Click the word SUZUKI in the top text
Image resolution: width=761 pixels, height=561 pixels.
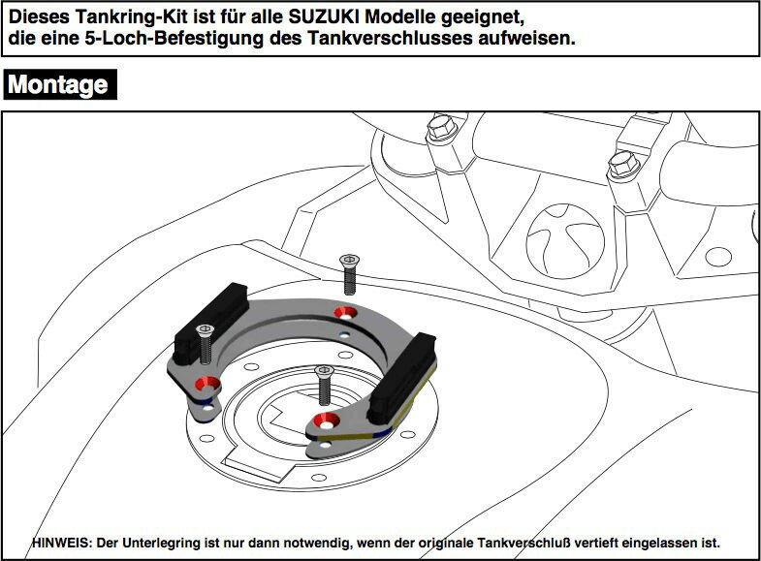[x=324, y=17]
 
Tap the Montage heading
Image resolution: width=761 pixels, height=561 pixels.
[x=58, y=85]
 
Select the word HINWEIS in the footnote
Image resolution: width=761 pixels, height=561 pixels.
[x=61, y=543]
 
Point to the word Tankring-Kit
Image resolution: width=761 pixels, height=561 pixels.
[x=132, y=17]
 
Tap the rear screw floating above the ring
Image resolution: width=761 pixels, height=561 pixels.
[x=349, y=274]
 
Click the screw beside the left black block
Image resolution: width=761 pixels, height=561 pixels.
[x=206, y=345]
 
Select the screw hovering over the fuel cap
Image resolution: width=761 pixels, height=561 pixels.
[x=324, y=385]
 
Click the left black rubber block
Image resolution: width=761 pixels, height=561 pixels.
[x=211, y=323]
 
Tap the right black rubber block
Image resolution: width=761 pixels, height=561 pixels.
[x=402, y=377]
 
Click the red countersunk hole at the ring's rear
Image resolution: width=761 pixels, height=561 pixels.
[x=345, y=313]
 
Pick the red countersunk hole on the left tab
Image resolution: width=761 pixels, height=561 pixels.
[x=207, y=385]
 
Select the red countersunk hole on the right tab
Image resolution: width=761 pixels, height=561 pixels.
[x=326, y=421]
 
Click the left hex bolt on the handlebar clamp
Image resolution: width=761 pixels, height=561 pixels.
[x=442, y=127]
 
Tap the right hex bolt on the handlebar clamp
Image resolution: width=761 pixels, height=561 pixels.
[x=623, y=164]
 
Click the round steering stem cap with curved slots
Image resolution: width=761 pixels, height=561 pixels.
[x=565, y=241]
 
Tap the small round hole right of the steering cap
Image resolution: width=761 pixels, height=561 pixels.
[x=718, y=257]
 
